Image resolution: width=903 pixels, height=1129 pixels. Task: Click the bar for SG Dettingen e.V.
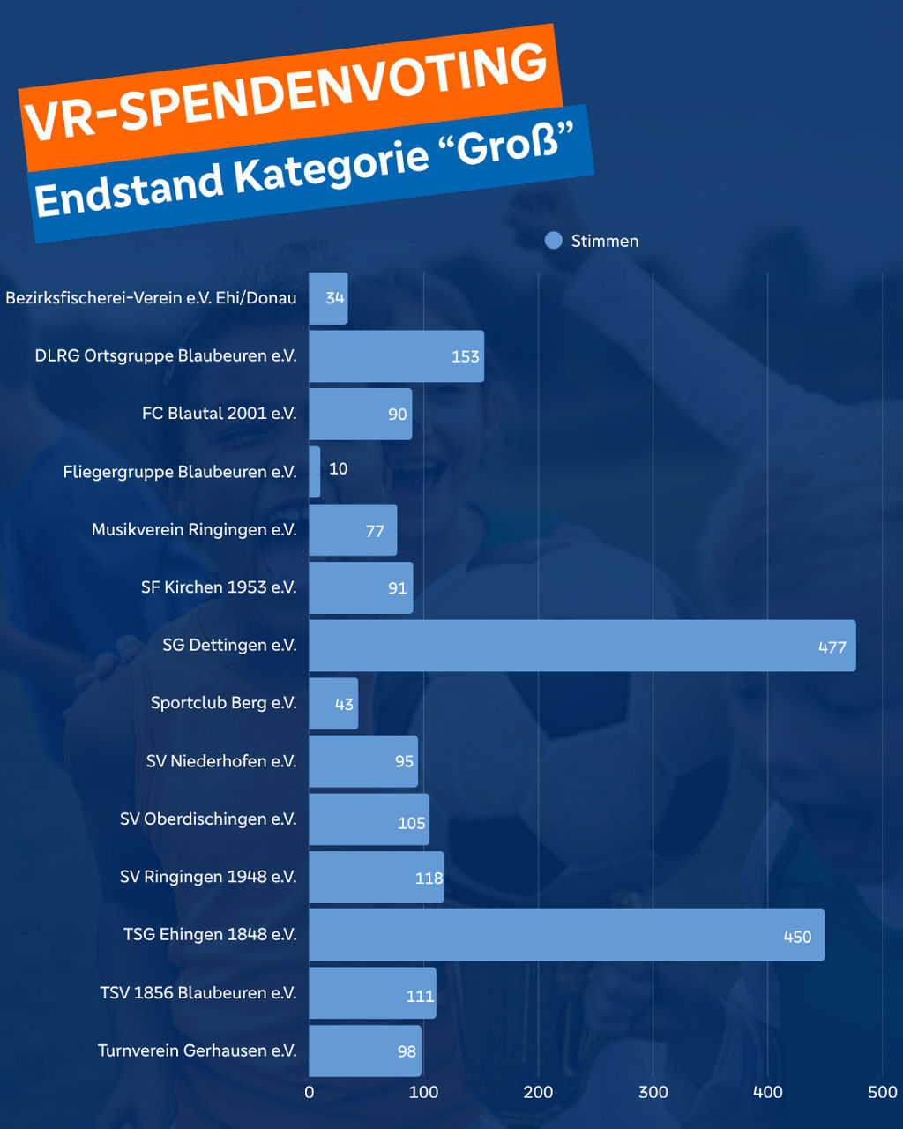pyautogui.click(x=582, y=646)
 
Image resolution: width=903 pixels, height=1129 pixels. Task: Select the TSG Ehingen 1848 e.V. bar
pyautogui.click(x=566, y=935)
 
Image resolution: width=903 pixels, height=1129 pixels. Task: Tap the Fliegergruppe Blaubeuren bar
pyautogui.click(x=315, y=472)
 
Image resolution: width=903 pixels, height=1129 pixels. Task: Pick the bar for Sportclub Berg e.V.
pyautogui.click(x=333, y=704)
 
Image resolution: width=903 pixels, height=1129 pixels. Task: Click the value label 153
pyautogui.click(x=465, y=356)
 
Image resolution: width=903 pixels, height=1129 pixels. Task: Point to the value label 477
pyautogui.click(x=832, y=647)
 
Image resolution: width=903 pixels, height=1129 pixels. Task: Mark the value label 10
pyautogui.click(x=339, y=468)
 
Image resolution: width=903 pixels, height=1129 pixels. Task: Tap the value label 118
pyautogui.click(x=429, y=879)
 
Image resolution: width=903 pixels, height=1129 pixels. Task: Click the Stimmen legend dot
pyautogui.click(x=554, y=241)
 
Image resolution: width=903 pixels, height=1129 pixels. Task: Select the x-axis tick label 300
pyautogui.click(x=653, y=1092)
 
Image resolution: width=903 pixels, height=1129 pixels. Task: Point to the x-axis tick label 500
pyautogui.click(x=882, y=1092)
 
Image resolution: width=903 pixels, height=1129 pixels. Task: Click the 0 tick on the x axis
pyautogui.click(x=310, y=1092)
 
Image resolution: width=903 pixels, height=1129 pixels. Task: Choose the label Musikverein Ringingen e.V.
pyautogui.click(x=194, y=530)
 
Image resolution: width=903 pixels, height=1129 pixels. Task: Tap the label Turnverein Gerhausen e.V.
pyautogui.click(x=197, y=1050)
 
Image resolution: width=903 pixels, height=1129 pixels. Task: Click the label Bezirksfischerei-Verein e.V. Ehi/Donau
pyautogui.click(x=151, y=298)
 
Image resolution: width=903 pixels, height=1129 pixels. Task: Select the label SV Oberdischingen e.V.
pyautogui.click(x=208, y=819)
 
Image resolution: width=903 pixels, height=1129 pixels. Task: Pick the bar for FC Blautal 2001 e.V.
pyautogui.click(x=360, y=415)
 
